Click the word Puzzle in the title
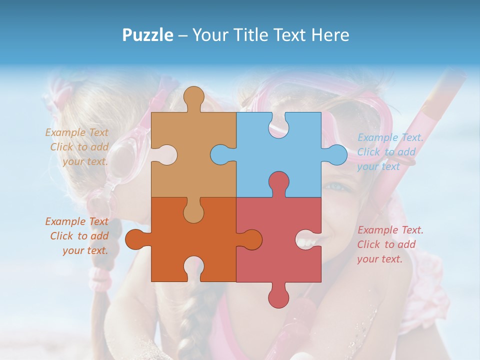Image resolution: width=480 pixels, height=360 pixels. (148, 35)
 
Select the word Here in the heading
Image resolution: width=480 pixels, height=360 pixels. (330, 35)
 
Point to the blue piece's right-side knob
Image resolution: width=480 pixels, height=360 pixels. (336, 154)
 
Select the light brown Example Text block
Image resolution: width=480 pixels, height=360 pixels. (77, 147)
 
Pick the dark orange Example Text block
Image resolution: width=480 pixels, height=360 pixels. (77, 236)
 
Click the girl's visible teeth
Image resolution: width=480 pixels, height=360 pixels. (306, 242)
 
